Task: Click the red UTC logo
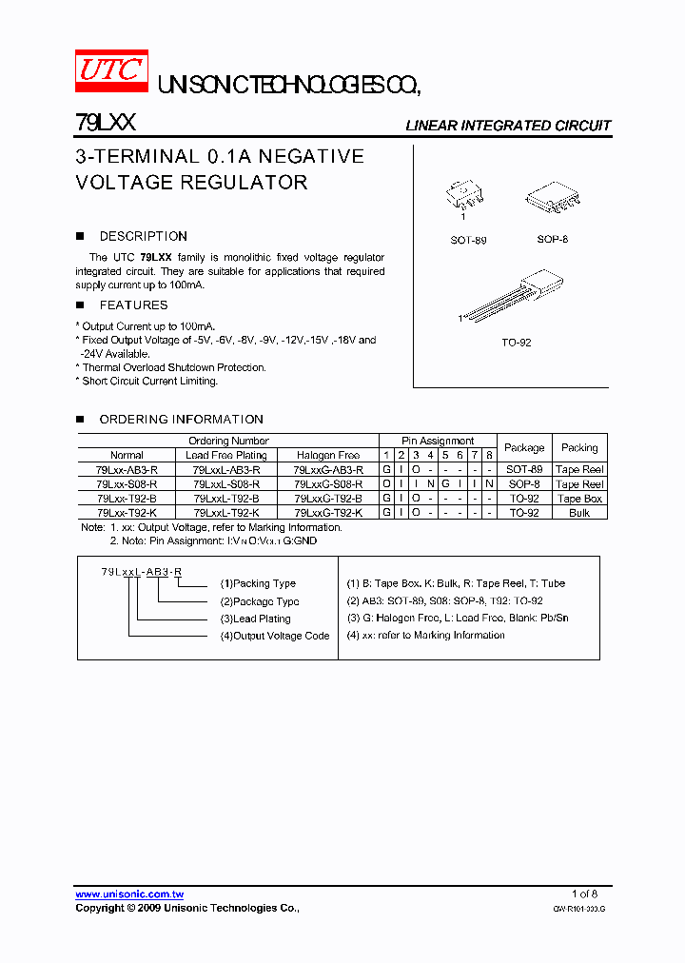tap(111, 70)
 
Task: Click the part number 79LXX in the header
tap(105, 124)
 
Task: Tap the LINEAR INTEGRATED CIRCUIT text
tap(508, 126)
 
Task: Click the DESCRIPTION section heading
tap(143, 236)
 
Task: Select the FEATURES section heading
tap(133, 305)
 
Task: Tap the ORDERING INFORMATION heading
tap(181, 420)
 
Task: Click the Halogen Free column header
tap(328, 455)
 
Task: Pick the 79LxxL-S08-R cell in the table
tap(226, 484)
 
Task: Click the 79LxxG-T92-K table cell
tap(328, 513)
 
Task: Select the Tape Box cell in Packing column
tap(579, 499)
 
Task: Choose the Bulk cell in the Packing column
tap(579, 513)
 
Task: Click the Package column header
tap(524, 447)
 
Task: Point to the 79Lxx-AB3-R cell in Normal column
tap(127, 470)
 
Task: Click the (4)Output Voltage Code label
tap(275, 636)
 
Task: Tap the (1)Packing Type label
tap(258, 583)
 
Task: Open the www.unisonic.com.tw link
tap(129, 894)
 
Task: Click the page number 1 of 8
tap(584, 894)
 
